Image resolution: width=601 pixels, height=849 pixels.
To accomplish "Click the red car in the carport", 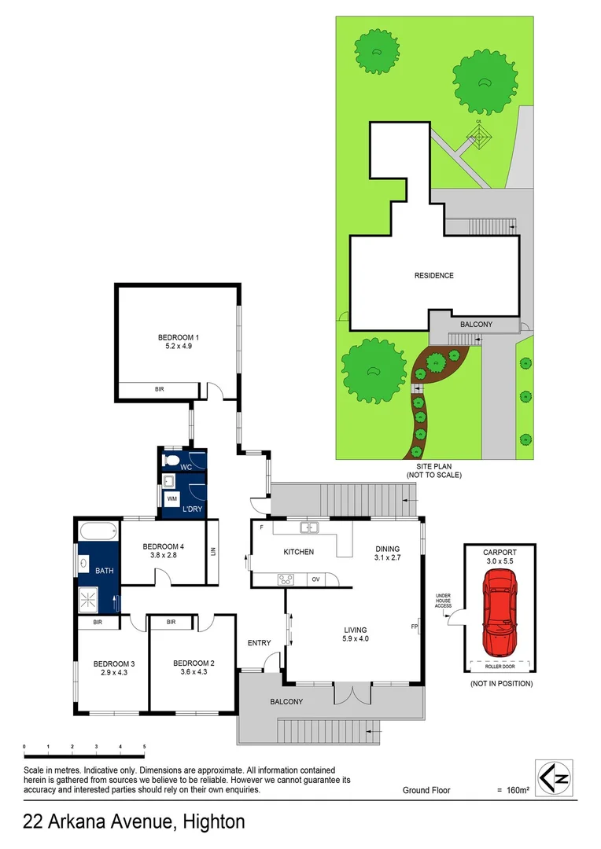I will click(500, 612).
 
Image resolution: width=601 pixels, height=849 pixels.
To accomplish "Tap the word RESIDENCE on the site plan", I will click(434, 275).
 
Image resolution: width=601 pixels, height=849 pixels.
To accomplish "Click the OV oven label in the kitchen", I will click(315, 579).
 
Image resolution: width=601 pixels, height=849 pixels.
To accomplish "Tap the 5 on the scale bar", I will click(144, 746).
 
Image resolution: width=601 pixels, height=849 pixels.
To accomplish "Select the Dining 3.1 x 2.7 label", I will click(387, 553).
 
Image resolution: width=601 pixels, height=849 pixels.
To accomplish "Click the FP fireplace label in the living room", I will click(414, 627).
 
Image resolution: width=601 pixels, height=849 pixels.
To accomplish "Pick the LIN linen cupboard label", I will click(212, 552).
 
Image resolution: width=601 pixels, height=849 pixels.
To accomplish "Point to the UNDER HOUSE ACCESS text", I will click(444, 601).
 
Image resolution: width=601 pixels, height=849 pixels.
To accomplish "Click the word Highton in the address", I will click(213, 822).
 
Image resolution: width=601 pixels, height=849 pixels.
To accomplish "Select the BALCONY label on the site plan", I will click(476, 324).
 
